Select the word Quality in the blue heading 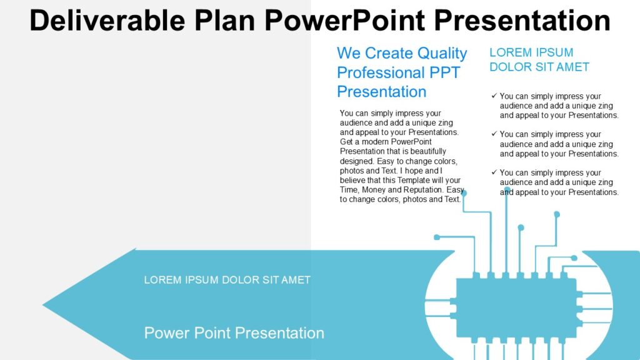click(x=442, y=53)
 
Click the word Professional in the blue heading click(x=381, y=72)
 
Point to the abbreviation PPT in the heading click(x=444, y=72)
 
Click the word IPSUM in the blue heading click(x=551, y=52)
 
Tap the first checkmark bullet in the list click(x=494, y=96)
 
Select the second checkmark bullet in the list click(x=494, y=134)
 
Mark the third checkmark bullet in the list click(x=494, y=172)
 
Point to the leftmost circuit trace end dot click(x=436, y=237)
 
